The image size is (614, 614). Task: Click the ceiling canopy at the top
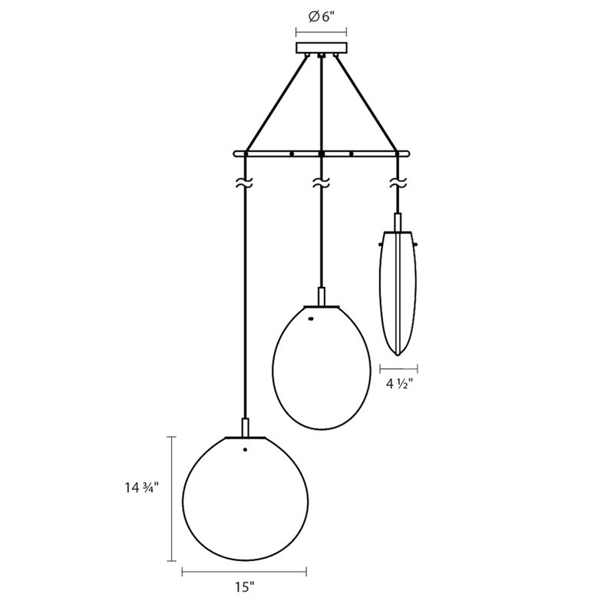point(321,49)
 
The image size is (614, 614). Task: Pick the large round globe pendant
point(245,499)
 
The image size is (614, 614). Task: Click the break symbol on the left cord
point(244,185)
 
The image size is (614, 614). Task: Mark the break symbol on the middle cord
point(321,183)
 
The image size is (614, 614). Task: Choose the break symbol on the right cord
point(397,184)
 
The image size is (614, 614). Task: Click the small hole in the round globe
point(245,450)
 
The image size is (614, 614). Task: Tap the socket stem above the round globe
point(245,427)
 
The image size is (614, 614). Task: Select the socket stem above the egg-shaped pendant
point(321,295)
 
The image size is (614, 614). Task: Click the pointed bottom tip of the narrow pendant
point(397,355)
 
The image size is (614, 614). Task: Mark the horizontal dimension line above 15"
point(244,571)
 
